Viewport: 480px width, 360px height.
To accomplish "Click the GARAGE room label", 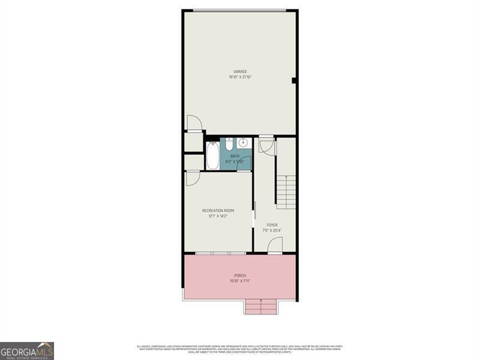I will click(x=240, y=71).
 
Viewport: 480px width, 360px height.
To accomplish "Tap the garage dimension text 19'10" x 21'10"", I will click(x=240, y=77).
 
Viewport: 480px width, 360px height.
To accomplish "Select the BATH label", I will click(x=235, y=156).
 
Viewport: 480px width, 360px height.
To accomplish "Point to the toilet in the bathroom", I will click(x=229, y=143).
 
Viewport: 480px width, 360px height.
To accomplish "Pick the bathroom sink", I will click(x=244, y=143).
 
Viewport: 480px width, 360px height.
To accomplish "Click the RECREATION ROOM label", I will click(x=218, y=211).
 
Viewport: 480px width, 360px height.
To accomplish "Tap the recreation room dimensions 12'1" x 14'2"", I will click(x=218, y=216).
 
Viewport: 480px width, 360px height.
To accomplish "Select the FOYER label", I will click(x=272, y=225).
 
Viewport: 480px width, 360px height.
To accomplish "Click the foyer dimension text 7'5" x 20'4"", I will click(x=272, y=230).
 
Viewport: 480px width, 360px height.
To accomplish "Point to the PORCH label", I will click(x=240, y=275).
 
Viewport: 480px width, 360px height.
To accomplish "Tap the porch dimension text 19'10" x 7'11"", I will click(x=240, y=281).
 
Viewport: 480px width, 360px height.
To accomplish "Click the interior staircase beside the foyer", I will click(x=286, y=191).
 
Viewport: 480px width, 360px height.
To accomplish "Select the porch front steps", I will click(x=260, y=306).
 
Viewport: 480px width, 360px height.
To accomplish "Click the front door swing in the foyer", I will click(x=274, y=245).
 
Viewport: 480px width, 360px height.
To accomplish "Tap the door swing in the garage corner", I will click(x=194, y=122).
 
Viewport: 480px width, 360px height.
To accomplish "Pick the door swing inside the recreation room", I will click(x=192, y=178).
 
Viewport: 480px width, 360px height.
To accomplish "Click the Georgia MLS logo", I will click(x=27, y=350).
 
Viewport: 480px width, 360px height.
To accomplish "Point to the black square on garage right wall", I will click(x=294, y=80).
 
